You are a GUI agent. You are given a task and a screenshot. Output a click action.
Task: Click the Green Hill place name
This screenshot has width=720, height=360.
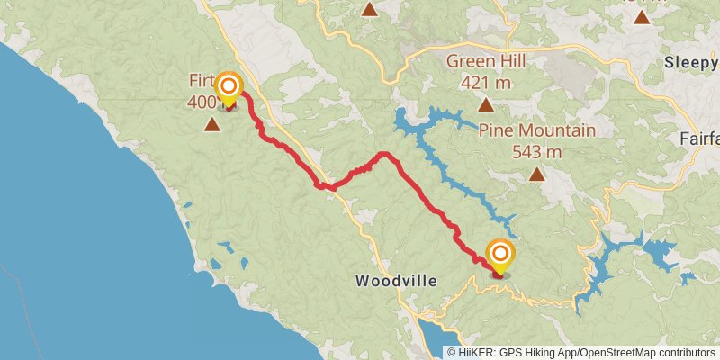pyautogui.click(x=486, y=62)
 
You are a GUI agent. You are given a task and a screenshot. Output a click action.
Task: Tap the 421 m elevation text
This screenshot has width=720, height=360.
pyautogui.click(x=486, y=83)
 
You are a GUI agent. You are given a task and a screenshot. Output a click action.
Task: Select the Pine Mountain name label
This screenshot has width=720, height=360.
pyautogui.click(x=536, y=130)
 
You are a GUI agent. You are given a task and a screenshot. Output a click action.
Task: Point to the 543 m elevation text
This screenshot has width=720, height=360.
pyautogui.click(x=536, y=151)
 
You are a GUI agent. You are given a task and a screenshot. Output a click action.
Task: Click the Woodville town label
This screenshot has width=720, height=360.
pyautogui.click(x=396, y=281)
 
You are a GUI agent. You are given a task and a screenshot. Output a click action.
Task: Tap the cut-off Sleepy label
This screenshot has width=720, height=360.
pyautogui.click(x=691, y=62)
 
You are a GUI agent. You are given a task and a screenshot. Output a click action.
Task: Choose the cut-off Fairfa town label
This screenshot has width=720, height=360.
pyautogui.click(x=699, y=140)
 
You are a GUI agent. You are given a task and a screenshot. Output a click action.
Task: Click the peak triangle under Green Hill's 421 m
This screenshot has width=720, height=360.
pyautogui.click(x=486, y=105)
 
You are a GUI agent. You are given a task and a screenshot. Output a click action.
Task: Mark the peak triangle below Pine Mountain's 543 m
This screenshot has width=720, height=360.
pyautogui.click(x=536, y=175)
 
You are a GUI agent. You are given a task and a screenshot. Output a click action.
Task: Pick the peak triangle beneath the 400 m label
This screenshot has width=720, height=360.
pyautogui.click(x=212, y=125)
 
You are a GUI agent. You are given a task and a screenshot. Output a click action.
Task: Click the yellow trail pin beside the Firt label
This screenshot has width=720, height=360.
pyautogui.click(x=229, y=86)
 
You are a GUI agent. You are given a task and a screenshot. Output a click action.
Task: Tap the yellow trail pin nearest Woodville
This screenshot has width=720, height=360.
pyautogui.click(x=499, y=253)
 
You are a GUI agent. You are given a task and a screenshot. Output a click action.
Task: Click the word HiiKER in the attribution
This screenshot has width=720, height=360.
pyautogui.click(x=474, y=352)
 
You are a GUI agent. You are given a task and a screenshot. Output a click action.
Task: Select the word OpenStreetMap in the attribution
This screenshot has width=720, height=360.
pyautogui.click(x=618, y=352)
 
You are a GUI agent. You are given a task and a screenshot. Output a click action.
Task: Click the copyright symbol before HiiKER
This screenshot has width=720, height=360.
pyautogui.click(x=452, y=352)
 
